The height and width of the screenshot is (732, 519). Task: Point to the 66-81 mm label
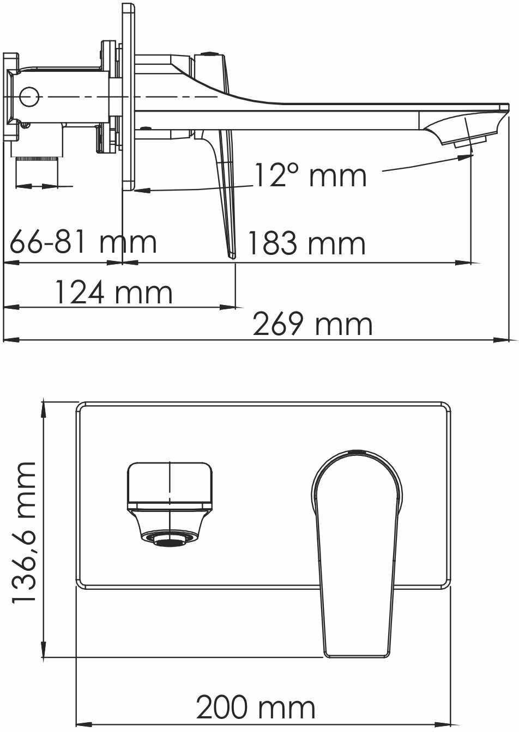click(83, 242)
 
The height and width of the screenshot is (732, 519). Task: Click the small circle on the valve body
click(29, 97)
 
